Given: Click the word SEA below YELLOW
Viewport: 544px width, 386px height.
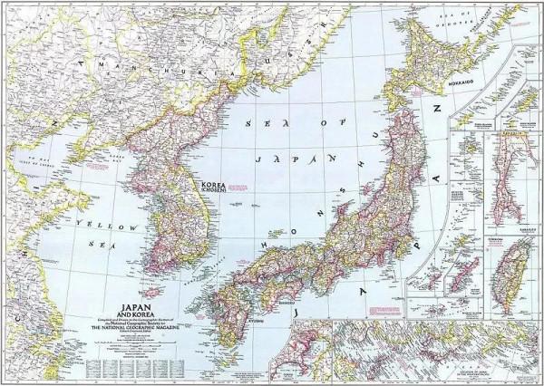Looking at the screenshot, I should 95,244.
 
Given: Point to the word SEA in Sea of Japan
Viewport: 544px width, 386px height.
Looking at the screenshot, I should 258,119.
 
